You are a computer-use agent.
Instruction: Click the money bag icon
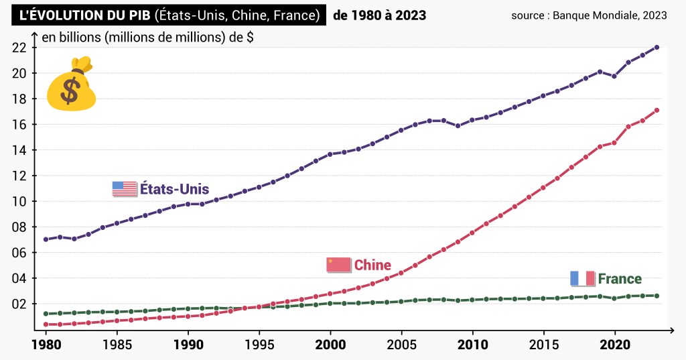click(x=72, y=85)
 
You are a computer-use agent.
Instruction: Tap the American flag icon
click(x=124, y=189)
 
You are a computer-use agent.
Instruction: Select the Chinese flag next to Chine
click(x=338, y=265)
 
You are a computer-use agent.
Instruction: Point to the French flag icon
click(x=582, y=278)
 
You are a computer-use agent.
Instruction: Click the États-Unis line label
click(x=174, y=189)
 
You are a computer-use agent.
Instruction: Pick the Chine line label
click(x=372, y=265)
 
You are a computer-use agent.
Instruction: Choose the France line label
click(x=620, y=279)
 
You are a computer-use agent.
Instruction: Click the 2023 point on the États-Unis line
click(x=657, y=47)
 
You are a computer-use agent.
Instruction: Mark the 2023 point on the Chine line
click(x=657, y=110)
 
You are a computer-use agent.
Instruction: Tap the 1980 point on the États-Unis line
click(x=46, y=239)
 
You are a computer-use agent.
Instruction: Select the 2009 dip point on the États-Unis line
click(x=458, y=125)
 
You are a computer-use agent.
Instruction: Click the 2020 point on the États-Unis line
click(x=614, y=76)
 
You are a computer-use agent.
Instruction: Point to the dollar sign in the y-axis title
click(x=250, y=38)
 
